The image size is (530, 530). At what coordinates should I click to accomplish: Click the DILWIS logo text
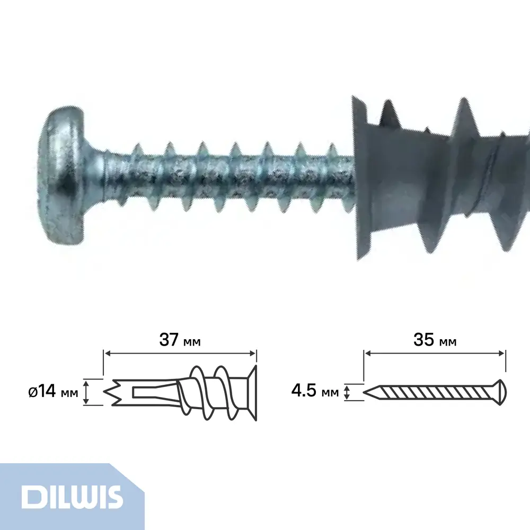pyautogui.click(x=72, y=497)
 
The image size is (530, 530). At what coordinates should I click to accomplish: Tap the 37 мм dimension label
pyautogui.click(x=180, y=340)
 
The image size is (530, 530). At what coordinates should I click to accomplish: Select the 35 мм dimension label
pyautogui.click(x=435, y=340)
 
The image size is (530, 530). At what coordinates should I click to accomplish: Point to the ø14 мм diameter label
pyautogui.click(x=54, y=392)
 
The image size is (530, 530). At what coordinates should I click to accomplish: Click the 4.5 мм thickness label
pyautogui.click(x=315, y=392)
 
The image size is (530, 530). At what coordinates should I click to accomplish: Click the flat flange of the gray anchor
pyautogui.click(x=361, y=178)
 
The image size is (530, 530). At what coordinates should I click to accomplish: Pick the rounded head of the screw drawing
pyautogui.click(x=500, y=392)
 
